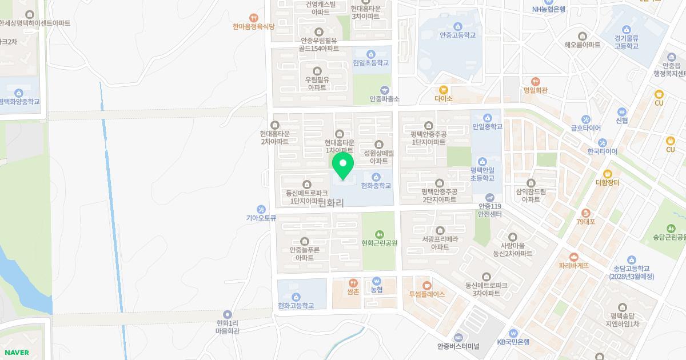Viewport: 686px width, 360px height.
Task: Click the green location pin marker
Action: coord(343,165)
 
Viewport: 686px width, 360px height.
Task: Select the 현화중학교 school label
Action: coord(376,186)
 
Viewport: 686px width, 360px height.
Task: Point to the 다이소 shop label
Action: coord(443,99)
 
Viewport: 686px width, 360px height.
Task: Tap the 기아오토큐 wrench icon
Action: coord(261,209)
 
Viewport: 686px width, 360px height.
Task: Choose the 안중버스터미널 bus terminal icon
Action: coord(458,338)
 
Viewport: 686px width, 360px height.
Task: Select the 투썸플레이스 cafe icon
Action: coord(426,285)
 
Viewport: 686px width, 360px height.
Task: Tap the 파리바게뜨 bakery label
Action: coord(573,266)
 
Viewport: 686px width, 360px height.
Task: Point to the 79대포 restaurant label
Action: coord(585,222)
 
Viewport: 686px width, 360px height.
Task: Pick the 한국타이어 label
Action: coord(602,151)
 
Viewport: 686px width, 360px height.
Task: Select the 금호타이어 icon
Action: coord(585,119)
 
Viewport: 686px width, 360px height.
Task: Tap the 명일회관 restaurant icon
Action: coord(535,82)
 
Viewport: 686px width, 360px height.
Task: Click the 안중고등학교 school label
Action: coord(457,35)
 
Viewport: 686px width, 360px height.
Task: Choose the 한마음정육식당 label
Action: coord(254,26)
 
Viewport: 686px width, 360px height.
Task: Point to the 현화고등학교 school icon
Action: coord(296,297)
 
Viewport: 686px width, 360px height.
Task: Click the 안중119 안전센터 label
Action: coord(489,210)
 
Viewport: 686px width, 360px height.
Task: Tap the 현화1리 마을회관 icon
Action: coord(228,314)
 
